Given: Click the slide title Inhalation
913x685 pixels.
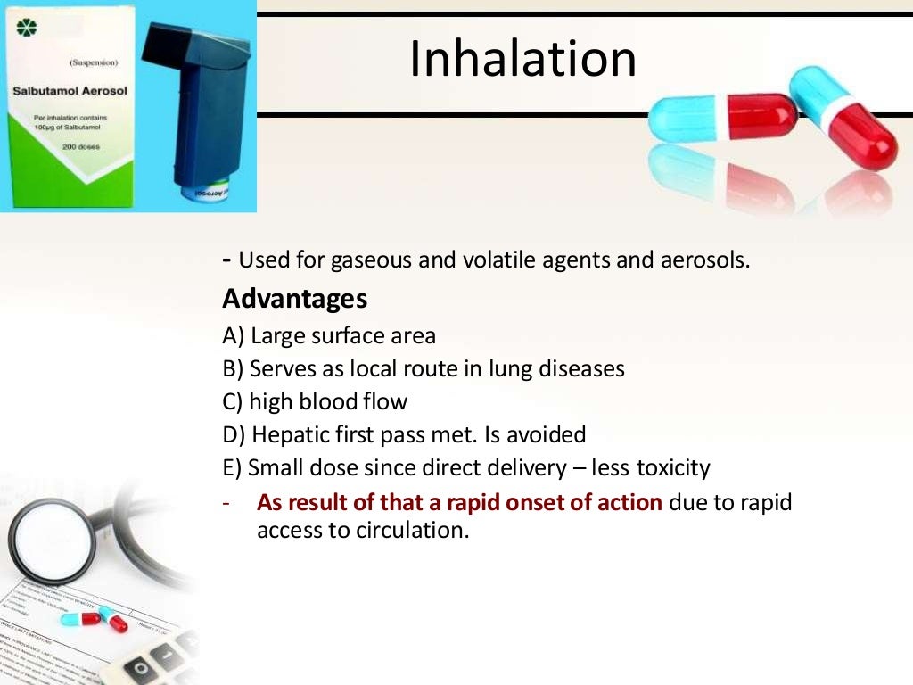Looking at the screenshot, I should pos(522,58).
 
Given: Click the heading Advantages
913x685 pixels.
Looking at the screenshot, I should pos(294,299).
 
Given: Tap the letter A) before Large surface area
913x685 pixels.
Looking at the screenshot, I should pos(234,335).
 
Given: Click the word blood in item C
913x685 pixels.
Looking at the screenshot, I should pos(327,401).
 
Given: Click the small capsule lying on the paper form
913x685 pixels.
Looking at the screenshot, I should pos(94,617).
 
